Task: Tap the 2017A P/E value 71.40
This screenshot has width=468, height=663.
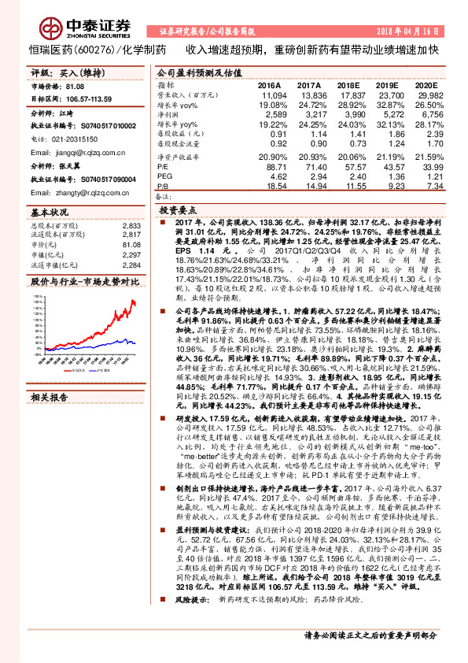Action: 308,168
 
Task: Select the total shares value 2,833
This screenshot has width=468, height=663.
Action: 131,226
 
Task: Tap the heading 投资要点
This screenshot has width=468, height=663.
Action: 178,211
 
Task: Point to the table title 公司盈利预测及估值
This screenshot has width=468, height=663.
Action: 191,71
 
